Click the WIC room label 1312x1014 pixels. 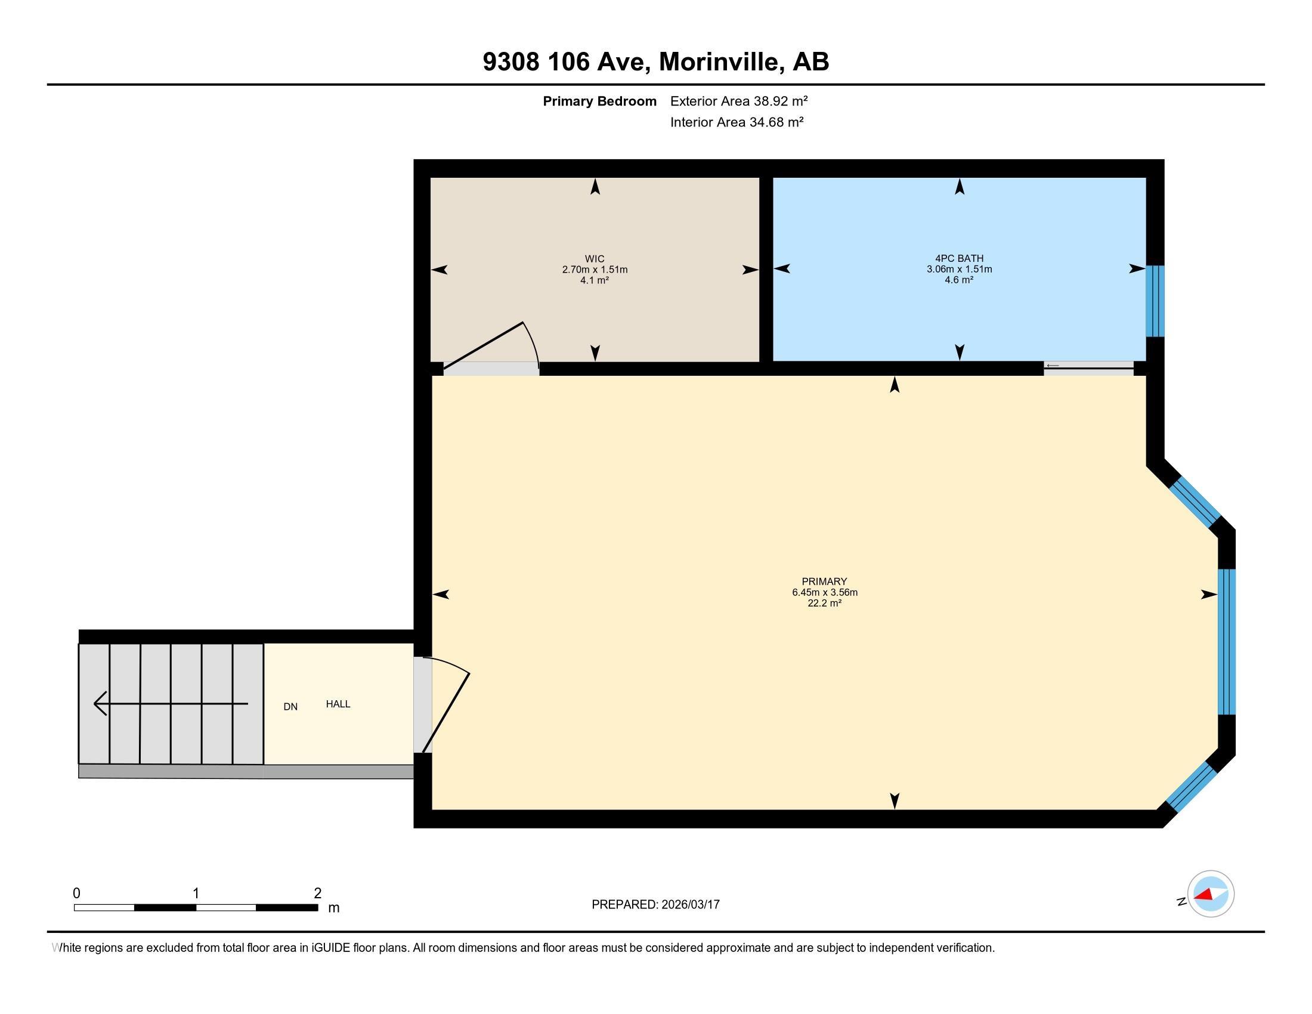tap(594, 259)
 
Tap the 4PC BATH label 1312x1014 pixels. tap(959, 259)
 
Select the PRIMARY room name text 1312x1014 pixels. tap(824, 581)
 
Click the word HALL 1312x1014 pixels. tap(338, 704)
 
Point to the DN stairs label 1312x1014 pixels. tap(290, 707)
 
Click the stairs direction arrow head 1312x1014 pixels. tap(100, 703)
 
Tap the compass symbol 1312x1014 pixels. tap(1210, 894)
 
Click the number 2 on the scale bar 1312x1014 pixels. tap(317, 894)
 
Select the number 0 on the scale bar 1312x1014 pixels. tap(76, 894)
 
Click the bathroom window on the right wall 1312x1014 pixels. tap(1155, 301)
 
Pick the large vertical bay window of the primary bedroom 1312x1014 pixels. tap(1226, 642)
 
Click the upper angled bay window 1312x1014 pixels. tap(1195, 502)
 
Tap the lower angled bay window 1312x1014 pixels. tap(1192, 787)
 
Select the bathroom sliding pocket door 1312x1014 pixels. tap(1088, 368)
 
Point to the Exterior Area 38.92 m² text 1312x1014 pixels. tap(738, 101)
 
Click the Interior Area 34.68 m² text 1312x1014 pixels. tap(737, 122)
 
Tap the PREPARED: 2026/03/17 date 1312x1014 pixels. tap(655, 905)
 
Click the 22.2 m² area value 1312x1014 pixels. tap(824, 603)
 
